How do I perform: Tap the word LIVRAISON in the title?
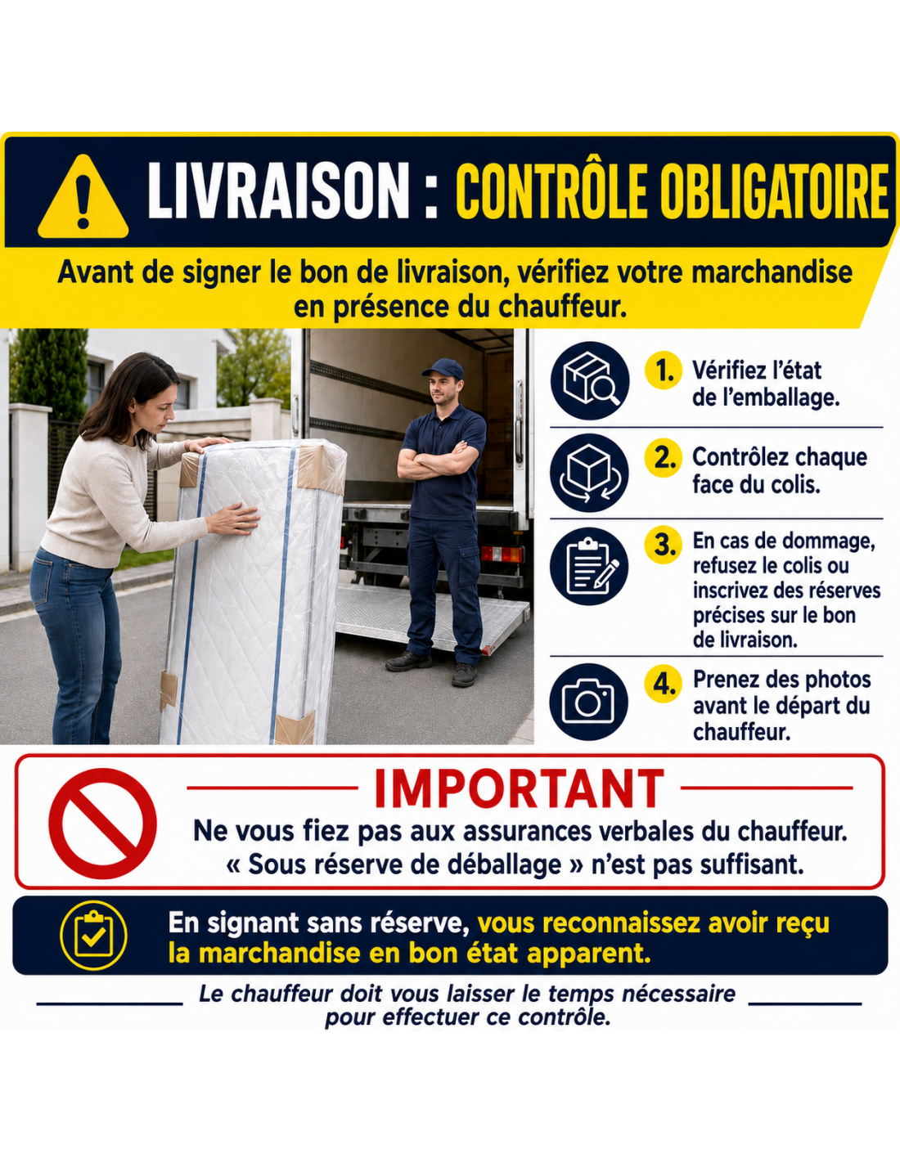pos(278,191)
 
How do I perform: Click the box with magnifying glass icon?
pos(589,380)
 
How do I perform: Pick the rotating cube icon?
pos(589,473)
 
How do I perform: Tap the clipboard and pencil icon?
pos(589,566)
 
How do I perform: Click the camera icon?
pos(589,703)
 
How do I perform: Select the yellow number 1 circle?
pos(664,370)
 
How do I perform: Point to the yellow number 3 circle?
pos(664,545)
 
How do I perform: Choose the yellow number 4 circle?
pos(664,684)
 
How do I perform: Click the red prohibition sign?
pos(103,824)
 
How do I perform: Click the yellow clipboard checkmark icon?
pos(94,936)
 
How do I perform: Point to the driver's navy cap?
pos(443,369)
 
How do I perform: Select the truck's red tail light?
pos(502,555)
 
